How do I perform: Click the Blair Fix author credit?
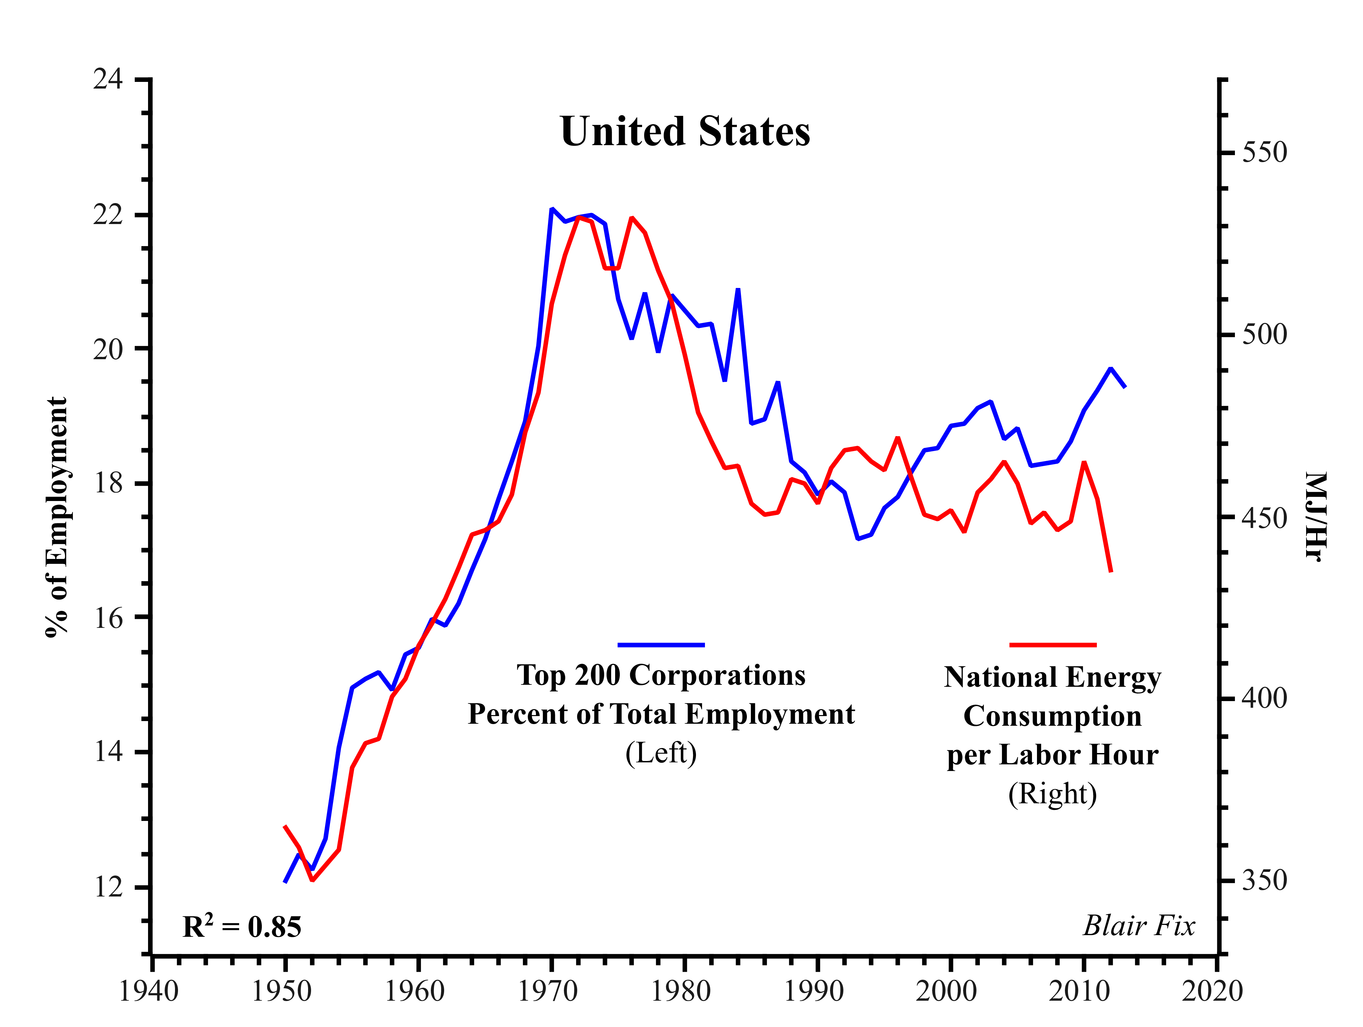click(x=1139, y=925)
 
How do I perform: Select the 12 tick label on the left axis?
click(x=108, y=887)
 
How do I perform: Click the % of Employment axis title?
click(x=57, y=517)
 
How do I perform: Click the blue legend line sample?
click(x=661, y=645)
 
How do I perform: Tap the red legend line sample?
click(x=1053, y=645)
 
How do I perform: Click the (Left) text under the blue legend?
click(x=661, y=753)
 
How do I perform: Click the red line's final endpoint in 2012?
click(x=1111, y=572)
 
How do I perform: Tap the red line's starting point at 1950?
click(x=285, y=826)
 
